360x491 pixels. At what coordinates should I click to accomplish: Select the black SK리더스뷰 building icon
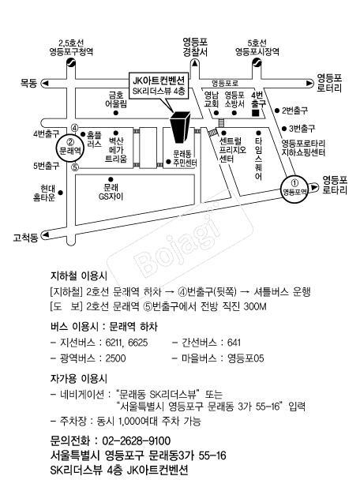click(179, 127)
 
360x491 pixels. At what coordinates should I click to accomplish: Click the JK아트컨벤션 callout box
click(159, 85)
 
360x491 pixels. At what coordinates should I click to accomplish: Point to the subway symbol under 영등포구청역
click(71, 63)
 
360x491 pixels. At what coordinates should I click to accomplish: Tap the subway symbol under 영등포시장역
click(257, 63)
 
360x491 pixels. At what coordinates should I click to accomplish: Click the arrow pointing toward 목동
click(46, 84)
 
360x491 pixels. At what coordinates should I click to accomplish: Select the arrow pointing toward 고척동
click(46, 234)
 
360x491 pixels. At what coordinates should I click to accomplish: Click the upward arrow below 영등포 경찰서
click(195, 64)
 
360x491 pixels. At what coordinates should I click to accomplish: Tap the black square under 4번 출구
click(256, 113)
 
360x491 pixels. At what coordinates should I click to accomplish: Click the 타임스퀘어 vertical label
click(259, 159)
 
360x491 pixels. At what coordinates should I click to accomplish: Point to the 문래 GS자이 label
click(111, 192)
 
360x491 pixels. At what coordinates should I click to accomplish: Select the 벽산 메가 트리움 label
click(116, 150)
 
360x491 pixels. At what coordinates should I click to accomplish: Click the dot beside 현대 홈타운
click(61, 193)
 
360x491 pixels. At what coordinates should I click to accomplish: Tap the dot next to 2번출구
click(277, 111)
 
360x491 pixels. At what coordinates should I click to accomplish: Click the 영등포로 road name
click(225, 84)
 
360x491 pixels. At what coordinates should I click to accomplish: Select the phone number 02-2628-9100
click(136, 440)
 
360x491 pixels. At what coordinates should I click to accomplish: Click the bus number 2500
click(115, 358)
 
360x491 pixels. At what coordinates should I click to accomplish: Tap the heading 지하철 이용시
click(79, 275)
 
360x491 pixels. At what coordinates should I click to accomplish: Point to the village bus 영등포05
click(246, 358)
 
